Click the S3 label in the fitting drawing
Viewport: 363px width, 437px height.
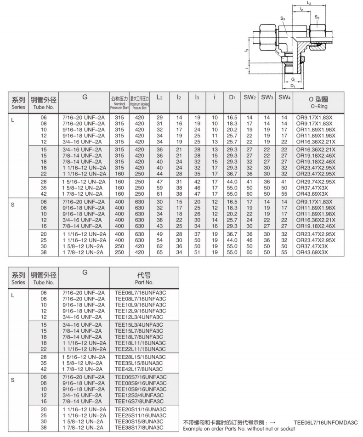[x=283, y=19]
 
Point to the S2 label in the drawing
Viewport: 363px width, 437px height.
[x=317, y=17]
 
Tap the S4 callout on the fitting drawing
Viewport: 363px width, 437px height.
[x=278, y=52]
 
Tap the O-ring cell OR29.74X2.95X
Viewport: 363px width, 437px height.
[x=316, y=182]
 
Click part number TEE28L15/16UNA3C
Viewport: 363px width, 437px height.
[x=139, y=357]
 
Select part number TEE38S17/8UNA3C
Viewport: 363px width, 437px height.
[x=139, y=428]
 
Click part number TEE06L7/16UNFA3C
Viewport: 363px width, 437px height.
[x=140, y=292]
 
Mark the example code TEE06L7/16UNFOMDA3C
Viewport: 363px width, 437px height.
[x=326, y=422]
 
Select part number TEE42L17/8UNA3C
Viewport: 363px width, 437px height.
[x=138, y=369]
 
